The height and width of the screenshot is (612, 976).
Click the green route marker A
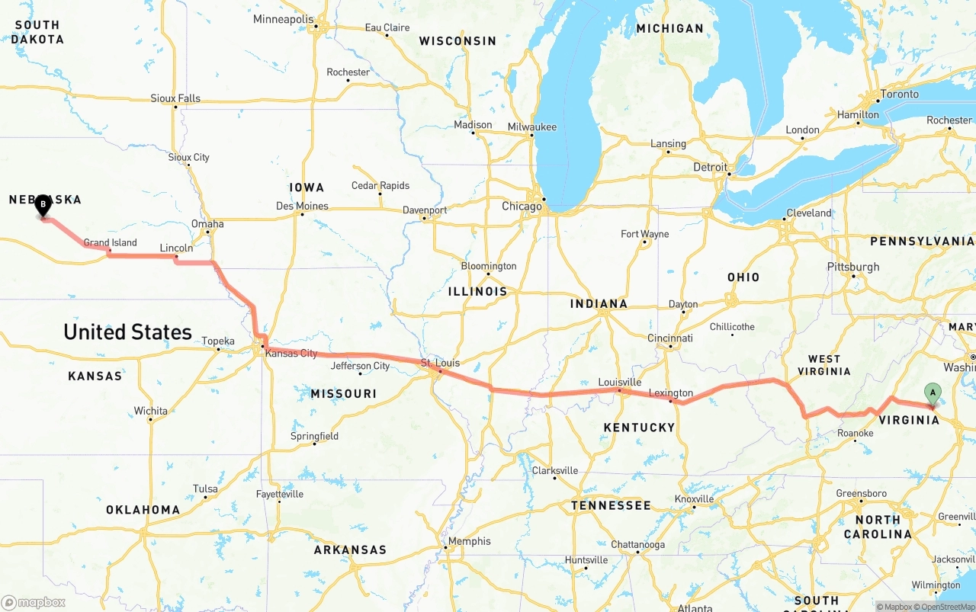(x=932, y=393)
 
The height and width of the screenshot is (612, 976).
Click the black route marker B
(x=43, y=204)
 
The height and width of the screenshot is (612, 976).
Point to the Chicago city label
(x=522, y=207)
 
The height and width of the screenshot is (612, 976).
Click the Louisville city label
(x=619, y=383)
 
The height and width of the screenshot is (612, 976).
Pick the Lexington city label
(x=670, y=394)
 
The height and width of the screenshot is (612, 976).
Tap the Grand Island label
(x=111, y=243)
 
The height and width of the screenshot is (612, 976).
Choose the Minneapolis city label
(x=283, y=19)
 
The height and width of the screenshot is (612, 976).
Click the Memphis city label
(x=470, y=542)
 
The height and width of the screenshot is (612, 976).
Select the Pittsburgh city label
(x=853, y=268)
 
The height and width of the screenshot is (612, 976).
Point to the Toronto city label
(x=900, y=95)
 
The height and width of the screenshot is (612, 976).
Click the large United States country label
(x=127, y=332)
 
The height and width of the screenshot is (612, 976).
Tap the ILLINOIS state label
(x=477, y=292)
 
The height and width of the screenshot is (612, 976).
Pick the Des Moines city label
(x=302, y=207)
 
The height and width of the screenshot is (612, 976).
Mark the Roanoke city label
(x=855, y=434)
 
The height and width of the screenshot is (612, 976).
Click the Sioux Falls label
(x=175, y=98)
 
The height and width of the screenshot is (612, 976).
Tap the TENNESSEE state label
(x=611, y=505)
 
